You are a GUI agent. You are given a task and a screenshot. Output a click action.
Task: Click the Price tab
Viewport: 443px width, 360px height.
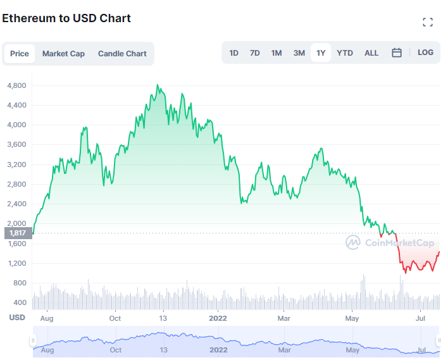pos(20,54)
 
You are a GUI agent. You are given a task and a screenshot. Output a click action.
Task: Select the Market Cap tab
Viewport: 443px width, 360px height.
pos(63,54)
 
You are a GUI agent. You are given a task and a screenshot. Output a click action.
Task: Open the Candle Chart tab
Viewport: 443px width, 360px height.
pos(122,54)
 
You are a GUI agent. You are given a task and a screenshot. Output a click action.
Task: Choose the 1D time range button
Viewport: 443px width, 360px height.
pos(234,53)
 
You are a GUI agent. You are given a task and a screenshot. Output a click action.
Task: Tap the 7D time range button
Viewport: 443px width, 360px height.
pos(254,53)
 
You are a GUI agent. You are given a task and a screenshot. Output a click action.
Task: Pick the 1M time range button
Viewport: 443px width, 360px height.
pos(277,53)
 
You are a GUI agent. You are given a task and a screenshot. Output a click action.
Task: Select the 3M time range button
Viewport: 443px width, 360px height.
pos(299,53)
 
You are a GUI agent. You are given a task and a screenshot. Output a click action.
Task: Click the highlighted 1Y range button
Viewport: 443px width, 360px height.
pos(321,53)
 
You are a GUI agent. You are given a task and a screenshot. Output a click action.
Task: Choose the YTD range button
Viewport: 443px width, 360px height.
pos(345,53)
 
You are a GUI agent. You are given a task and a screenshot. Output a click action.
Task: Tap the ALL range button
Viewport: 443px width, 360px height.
pos(371,53)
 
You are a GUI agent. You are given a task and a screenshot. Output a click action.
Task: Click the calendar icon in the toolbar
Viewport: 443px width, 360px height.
pos(397,53)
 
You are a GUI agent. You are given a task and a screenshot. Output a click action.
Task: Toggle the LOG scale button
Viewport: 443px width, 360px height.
pos(426,53)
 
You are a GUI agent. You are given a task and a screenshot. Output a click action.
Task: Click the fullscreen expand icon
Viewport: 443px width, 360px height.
pos(428,23)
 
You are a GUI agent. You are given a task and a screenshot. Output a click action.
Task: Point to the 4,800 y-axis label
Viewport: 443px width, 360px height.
pos(16,85)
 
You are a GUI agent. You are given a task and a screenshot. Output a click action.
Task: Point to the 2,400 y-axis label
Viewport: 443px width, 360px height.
pos(16,204)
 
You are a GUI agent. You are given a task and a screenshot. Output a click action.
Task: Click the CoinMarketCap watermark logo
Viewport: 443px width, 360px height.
pos(389,242)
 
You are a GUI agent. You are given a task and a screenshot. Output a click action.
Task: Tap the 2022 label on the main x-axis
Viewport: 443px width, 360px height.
pos(218,318)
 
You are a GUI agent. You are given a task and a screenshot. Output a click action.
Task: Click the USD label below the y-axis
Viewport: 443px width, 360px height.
pos(17,318)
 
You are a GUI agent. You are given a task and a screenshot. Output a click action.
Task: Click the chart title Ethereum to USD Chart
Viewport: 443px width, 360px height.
pos(66,18)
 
